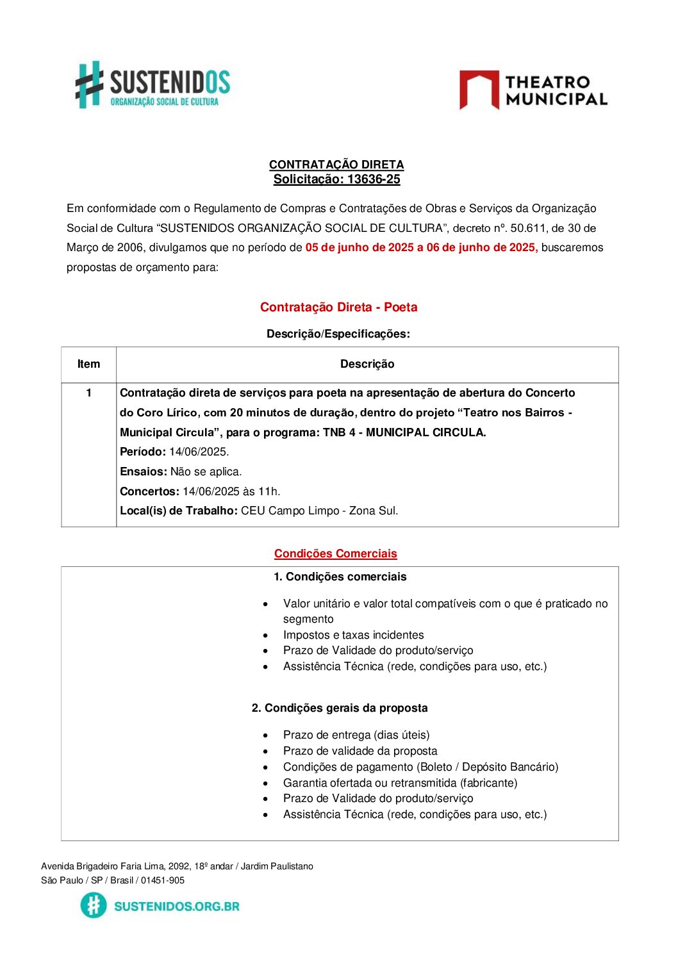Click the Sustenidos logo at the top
click(x=153, y=85)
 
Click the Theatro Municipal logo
click(x=533, y=90)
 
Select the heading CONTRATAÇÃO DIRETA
click(x=336, y=165)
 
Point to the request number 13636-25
click(x=374, y=179)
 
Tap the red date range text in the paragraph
click(x=421, y=248)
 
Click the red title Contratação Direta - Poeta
click(x=338, y=307)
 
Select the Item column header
click(x=88, y=365)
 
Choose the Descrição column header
click(x=367, y=365)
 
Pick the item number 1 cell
click(x=88, y=393)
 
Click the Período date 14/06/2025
click(x=199, y=452)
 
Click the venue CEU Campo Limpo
click(x=288, y=511)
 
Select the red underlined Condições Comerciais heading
click(x=335, y=554)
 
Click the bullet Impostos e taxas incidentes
click(x=353, y=635)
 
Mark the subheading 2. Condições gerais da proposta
click(x=340, y=709)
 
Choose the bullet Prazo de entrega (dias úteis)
click(x=356, y=735)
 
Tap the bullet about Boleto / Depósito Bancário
click(x=420, y=767)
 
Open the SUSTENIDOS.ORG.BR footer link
click(x=176, y=906)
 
